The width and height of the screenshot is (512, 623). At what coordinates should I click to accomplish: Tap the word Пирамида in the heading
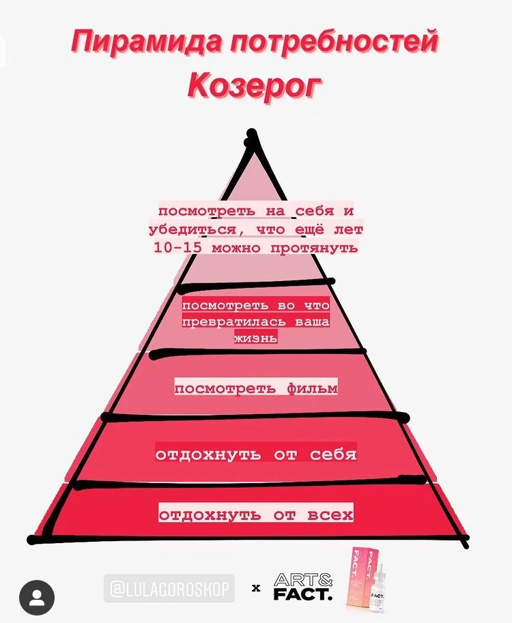pyautogui.click(x=147, y=42)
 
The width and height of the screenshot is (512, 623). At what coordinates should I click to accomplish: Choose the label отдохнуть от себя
pyautogui.click(x=256, y=454)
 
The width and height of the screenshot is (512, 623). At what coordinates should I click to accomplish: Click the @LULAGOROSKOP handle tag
pyautogui.click(x=169, y=588)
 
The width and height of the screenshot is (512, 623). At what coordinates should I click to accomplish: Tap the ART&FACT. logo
pyautogui.click(x=303, y=588)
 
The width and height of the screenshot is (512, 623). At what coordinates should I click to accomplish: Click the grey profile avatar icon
pyautogui.click(x=37, y=598)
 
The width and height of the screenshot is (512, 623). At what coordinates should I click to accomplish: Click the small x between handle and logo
pyautogui.click(x=256, y=588)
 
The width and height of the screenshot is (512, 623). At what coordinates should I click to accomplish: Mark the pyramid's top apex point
pyautogui.click(x=252, y=133)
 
